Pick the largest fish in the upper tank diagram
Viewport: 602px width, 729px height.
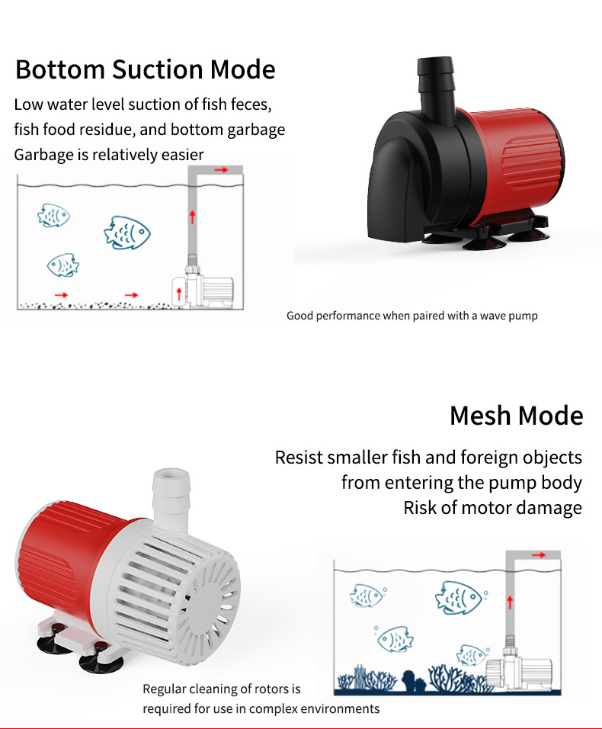pyautogui.click(x=127, y=232)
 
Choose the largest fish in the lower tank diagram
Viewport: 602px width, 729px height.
pyautogui.click(x=459, y=596)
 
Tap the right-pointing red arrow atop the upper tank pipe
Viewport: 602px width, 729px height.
pyautogui.click(x=220, y=170)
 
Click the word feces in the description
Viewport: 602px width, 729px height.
pyautogui.click(x=250, y=104)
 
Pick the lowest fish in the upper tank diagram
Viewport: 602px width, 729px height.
pyautogui.click(x=62, y=265)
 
